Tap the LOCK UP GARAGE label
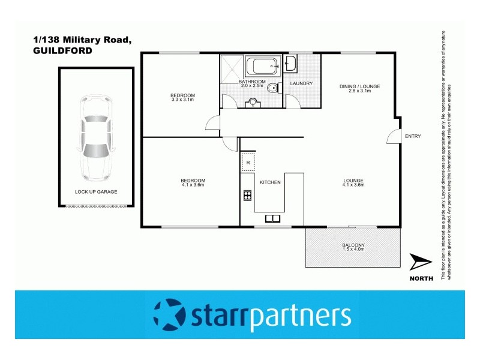96,192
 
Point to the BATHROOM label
252,82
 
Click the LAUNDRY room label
301,83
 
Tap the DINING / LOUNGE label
359,87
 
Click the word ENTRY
413,136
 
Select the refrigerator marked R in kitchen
247,163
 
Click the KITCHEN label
270,182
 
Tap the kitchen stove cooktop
246,194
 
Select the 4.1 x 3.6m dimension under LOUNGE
353,185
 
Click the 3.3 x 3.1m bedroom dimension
182,100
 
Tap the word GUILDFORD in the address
63,51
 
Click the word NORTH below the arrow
422,278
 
